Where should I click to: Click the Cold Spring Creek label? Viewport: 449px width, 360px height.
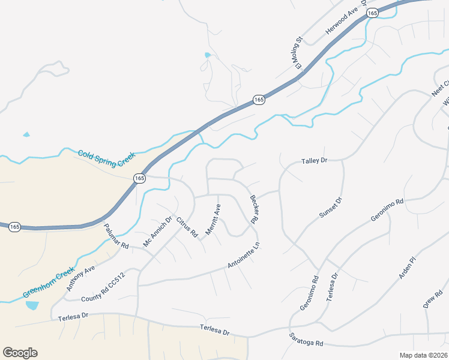106,158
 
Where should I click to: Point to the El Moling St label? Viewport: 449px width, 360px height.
298,55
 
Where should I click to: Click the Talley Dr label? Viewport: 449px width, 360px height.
314,161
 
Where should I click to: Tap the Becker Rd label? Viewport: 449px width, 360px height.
254,209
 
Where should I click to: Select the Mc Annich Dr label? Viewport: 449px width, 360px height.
157,232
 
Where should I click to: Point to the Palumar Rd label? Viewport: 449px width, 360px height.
116,236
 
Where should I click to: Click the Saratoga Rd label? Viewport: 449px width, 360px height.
306,339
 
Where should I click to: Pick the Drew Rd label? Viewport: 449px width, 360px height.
432,298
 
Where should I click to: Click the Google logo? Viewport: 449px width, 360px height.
20,353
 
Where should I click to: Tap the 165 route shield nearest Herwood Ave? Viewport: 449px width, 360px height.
372,13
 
